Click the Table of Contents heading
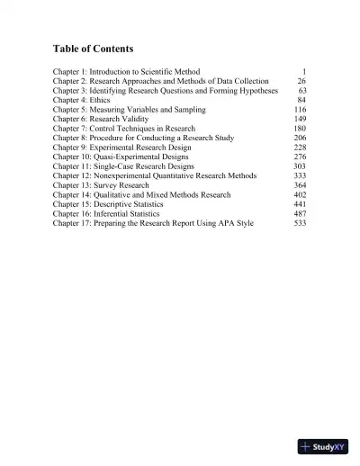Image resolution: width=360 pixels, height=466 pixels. click(x=97, y=48)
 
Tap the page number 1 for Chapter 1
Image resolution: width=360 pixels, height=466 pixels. click(x=304, y=70)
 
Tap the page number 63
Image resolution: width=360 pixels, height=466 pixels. click(x=301, y=90)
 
